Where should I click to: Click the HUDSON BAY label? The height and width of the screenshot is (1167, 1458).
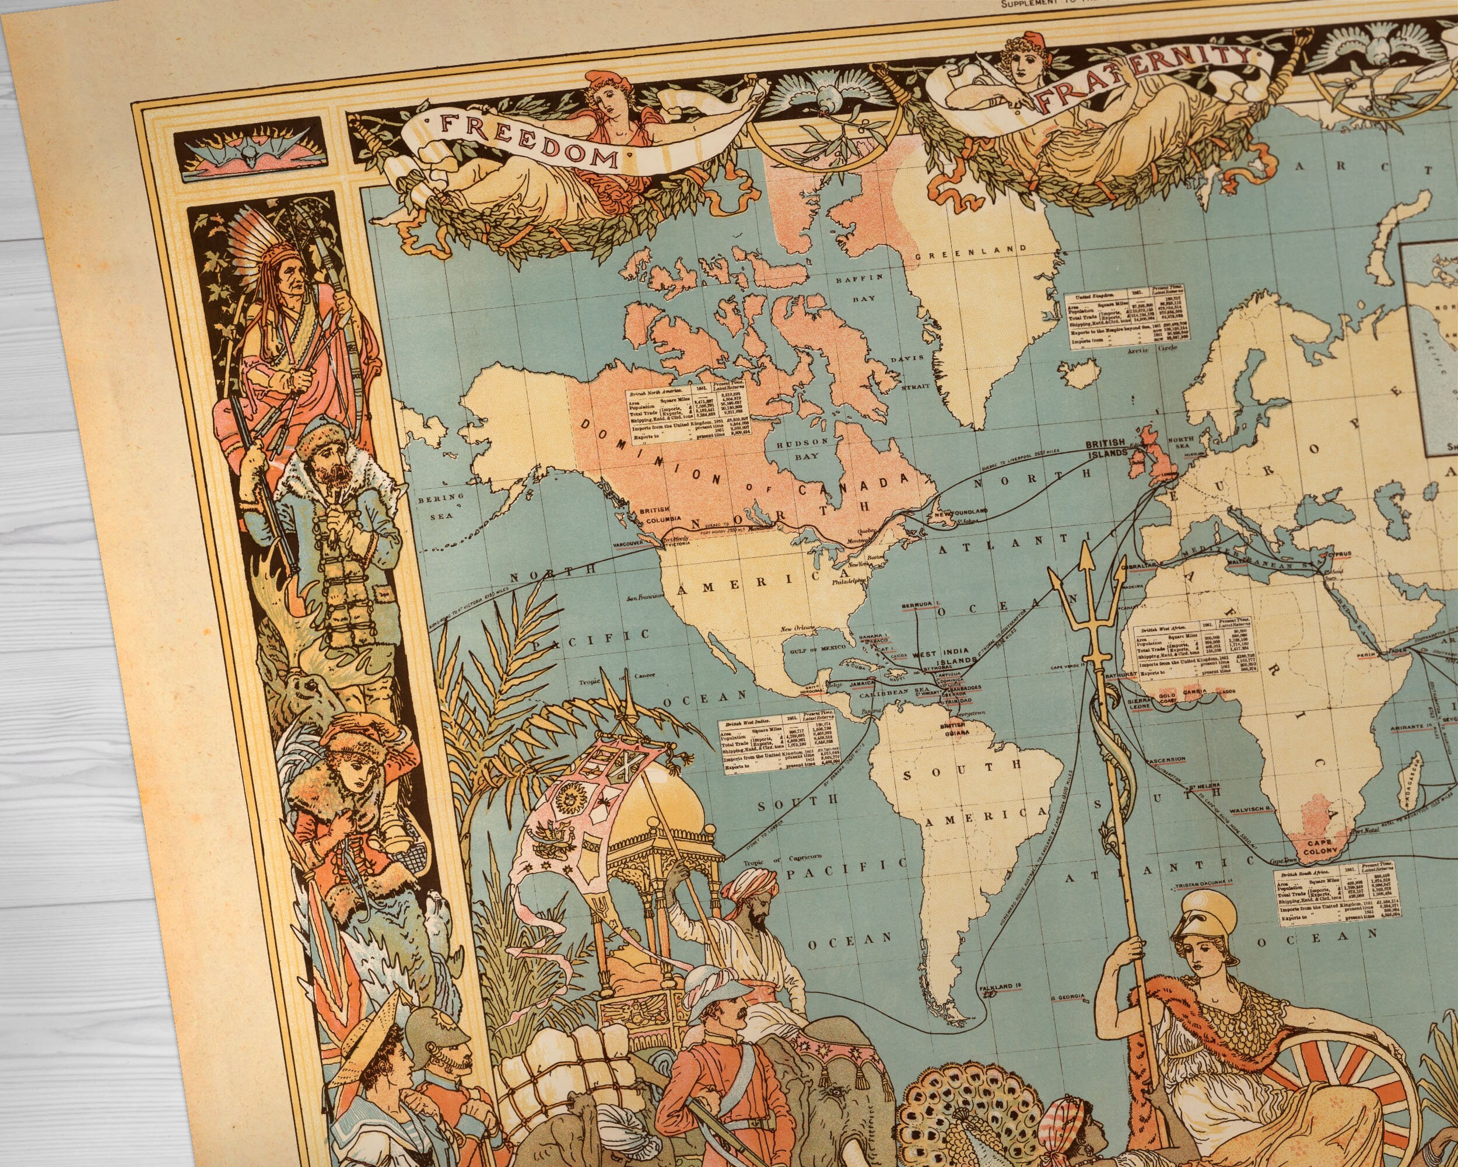click(x=802, y=448)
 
